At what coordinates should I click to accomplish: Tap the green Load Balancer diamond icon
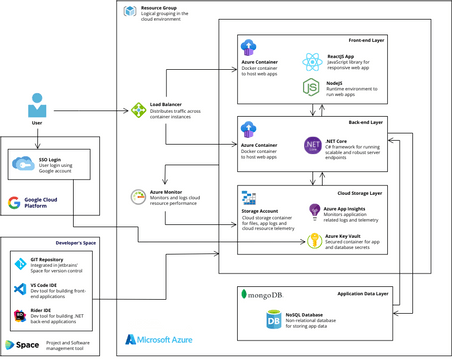coord(139,107)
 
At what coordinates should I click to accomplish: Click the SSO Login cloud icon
coord(22,163)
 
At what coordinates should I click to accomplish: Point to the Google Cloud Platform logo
coord(14,203)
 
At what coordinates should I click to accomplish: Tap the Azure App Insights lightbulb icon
coord(313,212)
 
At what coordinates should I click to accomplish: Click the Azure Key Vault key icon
coord(313,240)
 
